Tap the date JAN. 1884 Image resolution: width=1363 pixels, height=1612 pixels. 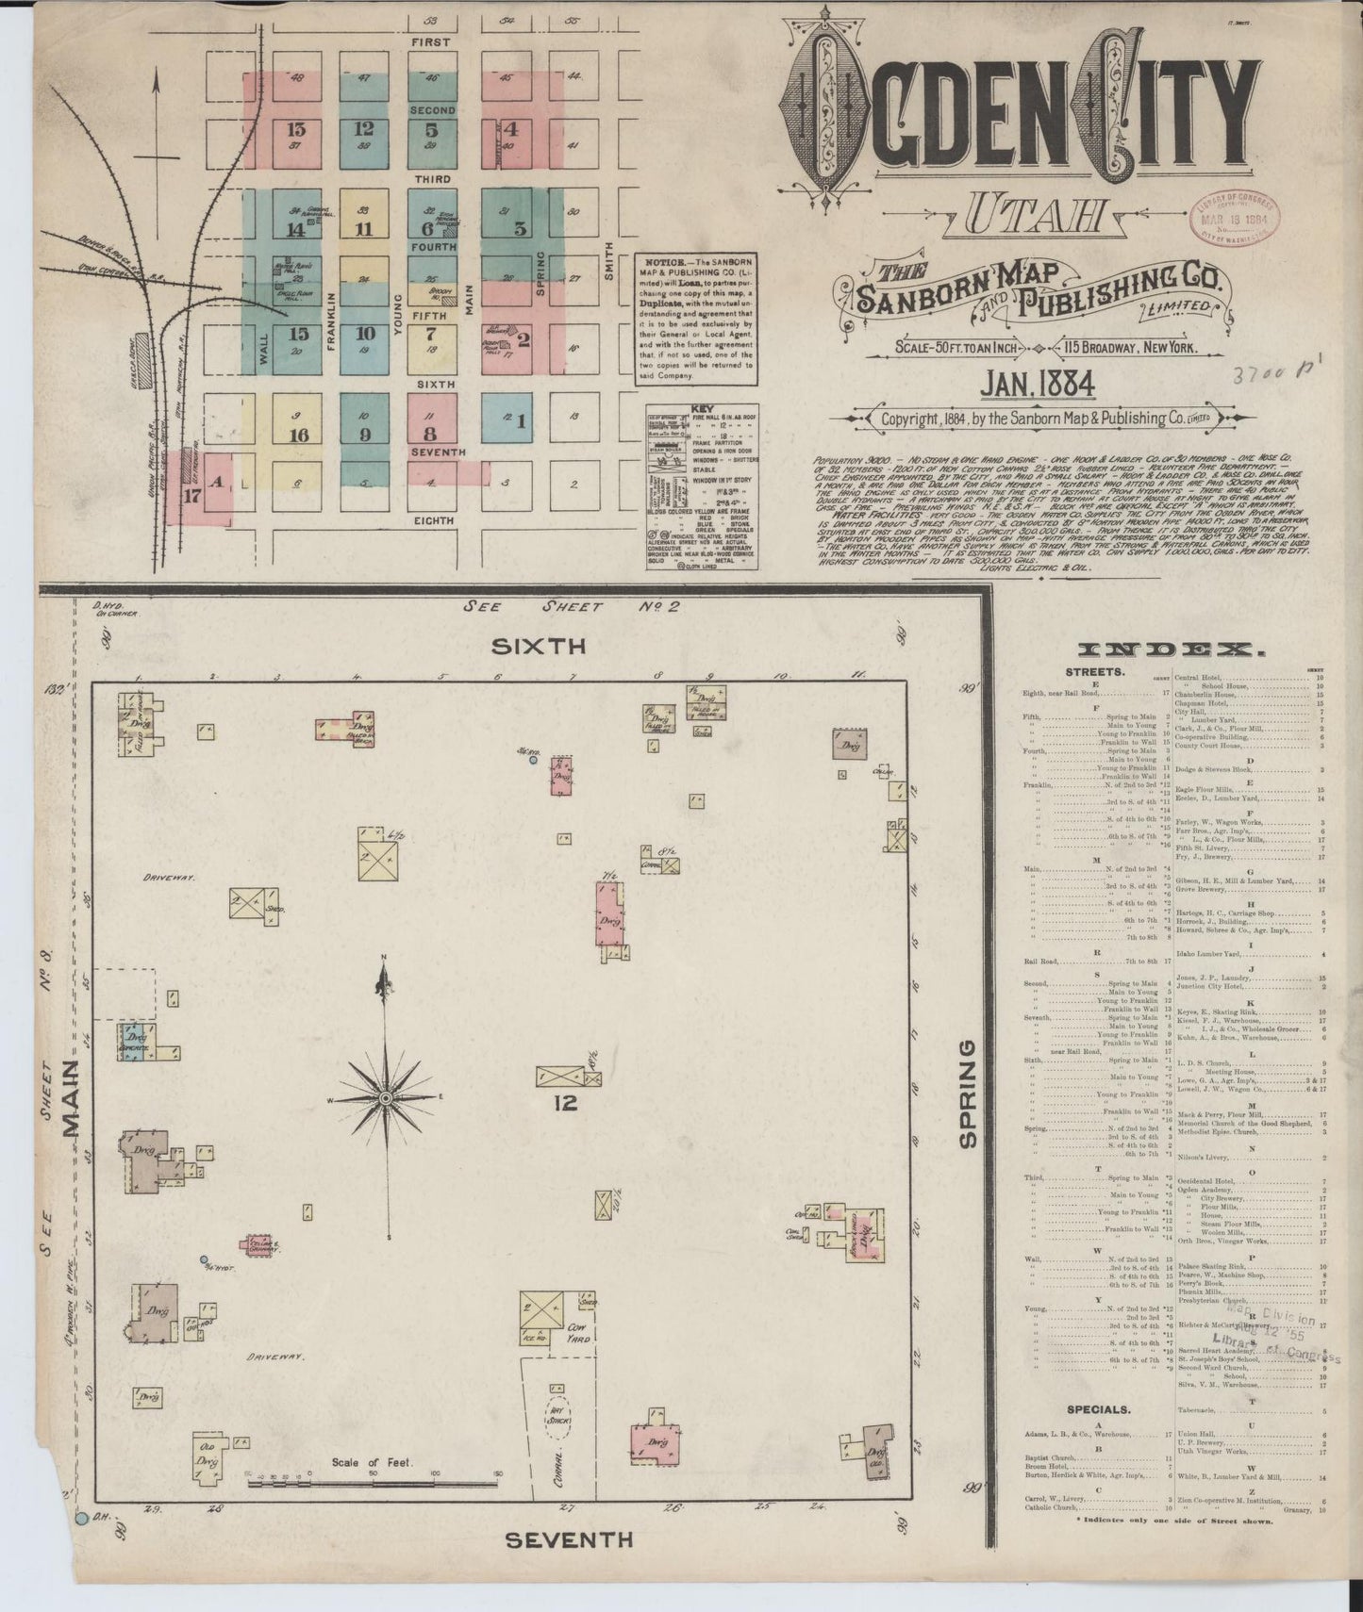point(1036,384)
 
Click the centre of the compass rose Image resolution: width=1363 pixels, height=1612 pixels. point(385,1098)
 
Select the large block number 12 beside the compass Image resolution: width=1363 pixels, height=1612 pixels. point(565,1102)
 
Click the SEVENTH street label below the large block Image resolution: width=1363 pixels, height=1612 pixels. point(569,1540)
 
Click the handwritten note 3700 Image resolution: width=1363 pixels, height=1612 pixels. point(1270,379)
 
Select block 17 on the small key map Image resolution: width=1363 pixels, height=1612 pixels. point(192,496)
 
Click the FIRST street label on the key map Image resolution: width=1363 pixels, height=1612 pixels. point(429,42)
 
